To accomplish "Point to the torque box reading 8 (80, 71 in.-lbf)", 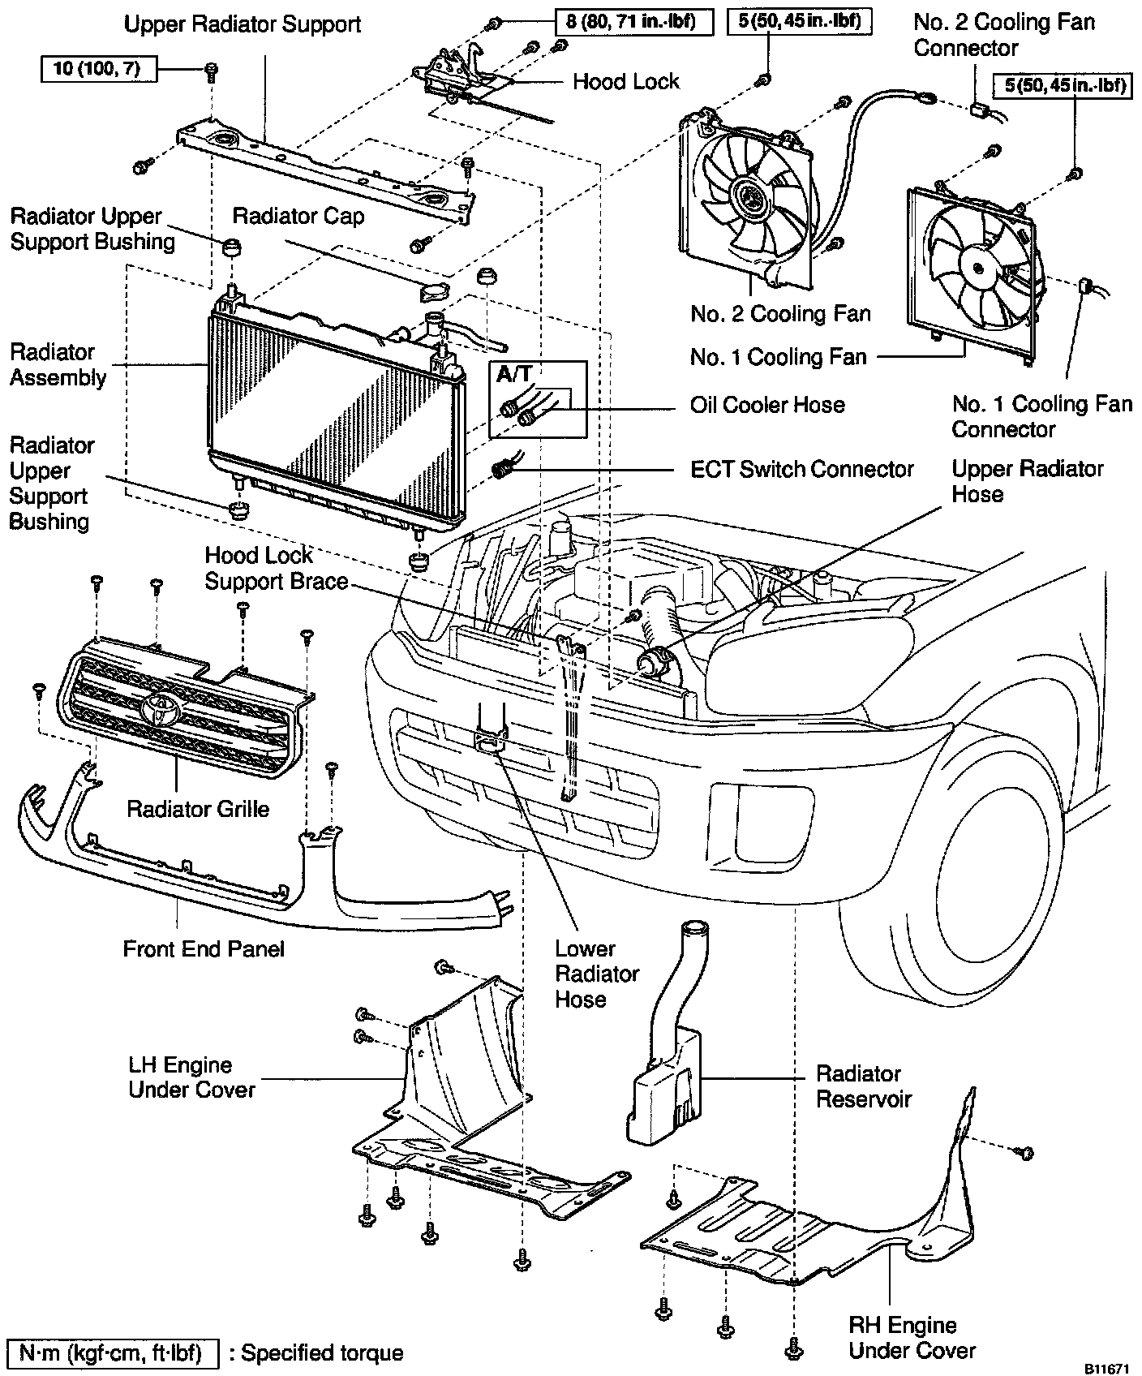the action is tap(634, 22).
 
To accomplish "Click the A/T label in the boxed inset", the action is tap(513, 374).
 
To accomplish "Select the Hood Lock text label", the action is tap(625, 81).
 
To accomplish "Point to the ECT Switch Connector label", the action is tap(801, 469).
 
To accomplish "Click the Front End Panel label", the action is tap(204, 948).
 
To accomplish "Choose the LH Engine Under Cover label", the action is tap(191, 1077).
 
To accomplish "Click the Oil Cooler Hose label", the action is tap(767, 405).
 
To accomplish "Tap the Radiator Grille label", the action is tap(198, 809).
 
